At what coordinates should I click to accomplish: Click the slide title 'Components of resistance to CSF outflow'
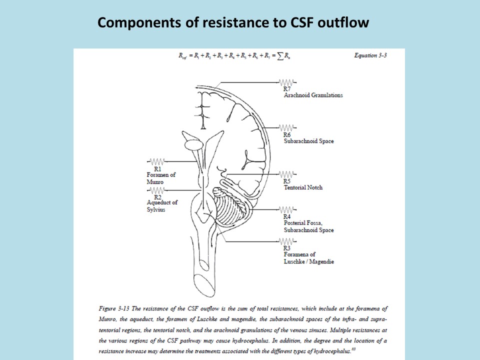tap(233, 23)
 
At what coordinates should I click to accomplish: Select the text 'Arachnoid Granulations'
tap(313, 95)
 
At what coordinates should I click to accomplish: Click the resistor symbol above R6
tap(286, 127)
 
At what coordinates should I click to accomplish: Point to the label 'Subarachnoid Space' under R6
tap(308, 141)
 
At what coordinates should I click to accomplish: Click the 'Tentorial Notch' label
tap(303, 187)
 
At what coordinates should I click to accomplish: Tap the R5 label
tap(287, 181)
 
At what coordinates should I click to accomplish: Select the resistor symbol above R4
tap(286, 209)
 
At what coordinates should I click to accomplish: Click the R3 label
tap(287, 248)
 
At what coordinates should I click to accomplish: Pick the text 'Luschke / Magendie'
tap(308, 261)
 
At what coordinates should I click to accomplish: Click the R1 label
tap(157, 169)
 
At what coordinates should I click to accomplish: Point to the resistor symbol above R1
tap(157, 162)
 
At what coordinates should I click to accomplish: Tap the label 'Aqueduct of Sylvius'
tap(162, 206)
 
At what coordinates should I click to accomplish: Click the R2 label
tap(157, 197)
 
